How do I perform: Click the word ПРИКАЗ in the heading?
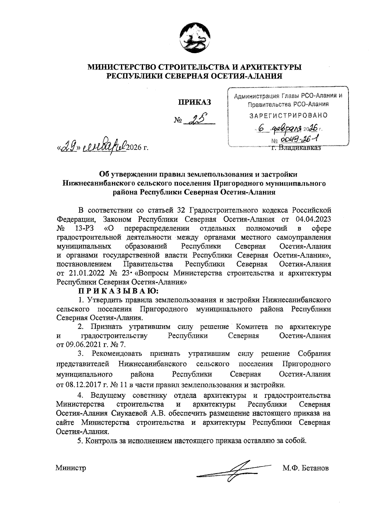pyautogui.click(x=194, y=103)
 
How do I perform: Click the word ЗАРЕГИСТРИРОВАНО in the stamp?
pyautogui.click(x=288, y=115)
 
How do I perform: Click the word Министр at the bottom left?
pyautogui.click(x=71, y=468)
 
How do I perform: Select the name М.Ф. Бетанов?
pyautogui.click(x=305, y=468)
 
